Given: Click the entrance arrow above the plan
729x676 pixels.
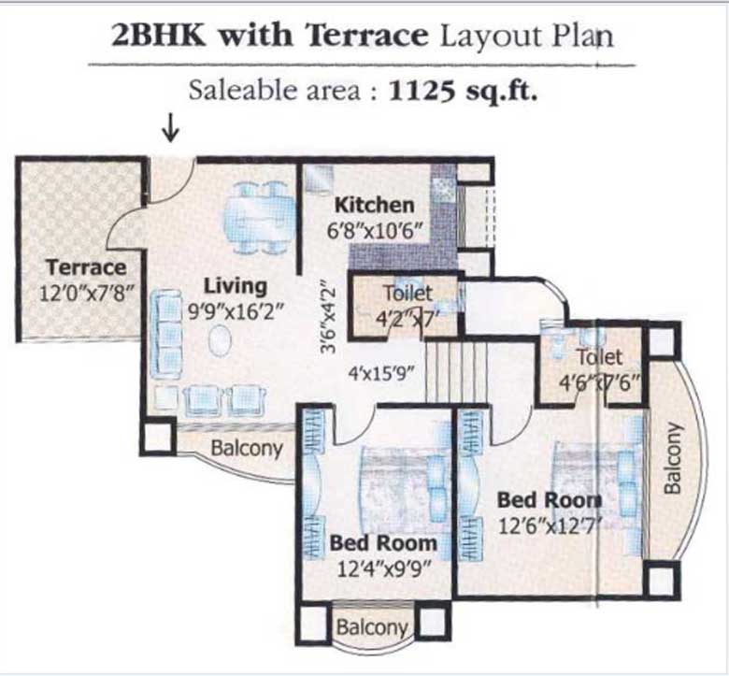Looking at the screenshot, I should pos(170,128).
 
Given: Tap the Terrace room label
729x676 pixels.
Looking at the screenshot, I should pos(85,268).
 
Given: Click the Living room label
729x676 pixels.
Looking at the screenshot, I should pos(236,286).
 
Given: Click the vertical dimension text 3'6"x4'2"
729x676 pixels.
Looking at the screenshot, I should pos(324,318).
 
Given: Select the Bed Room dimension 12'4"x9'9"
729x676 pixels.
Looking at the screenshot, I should pos(383,566).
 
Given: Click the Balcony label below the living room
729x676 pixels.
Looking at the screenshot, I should pos(246,448).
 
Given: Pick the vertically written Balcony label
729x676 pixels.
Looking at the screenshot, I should pos(671,458).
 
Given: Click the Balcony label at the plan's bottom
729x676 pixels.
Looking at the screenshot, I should pos(372,626).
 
